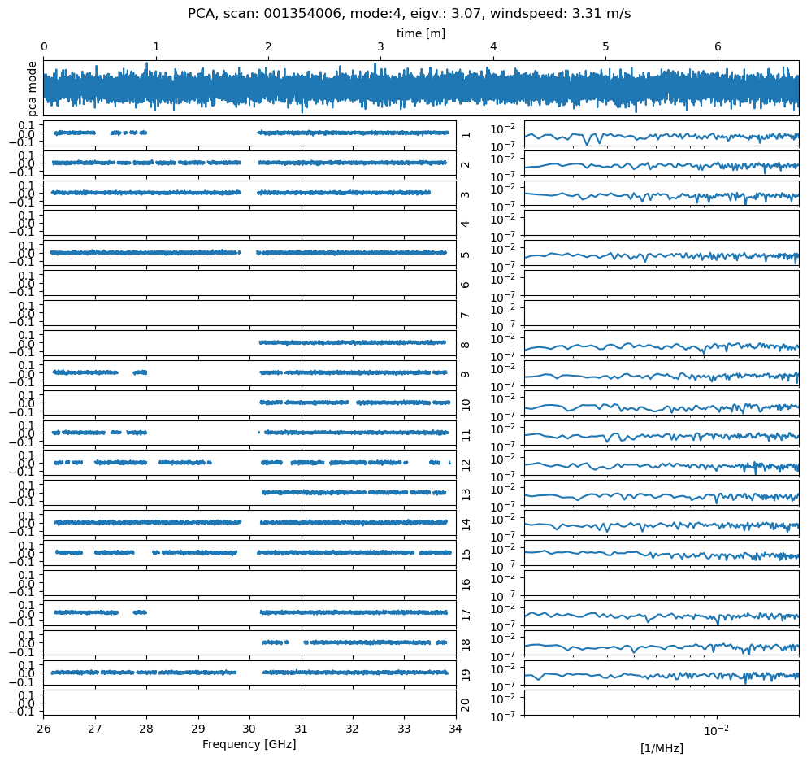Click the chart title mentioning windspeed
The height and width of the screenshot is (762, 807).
[x=409, y=13]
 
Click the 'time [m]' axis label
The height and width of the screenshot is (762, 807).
[x=420, y=33]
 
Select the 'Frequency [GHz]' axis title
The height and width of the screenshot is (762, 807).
[x=249, y=744]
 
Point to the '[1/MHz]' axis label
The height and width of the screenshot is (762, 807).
[x=661, y=748]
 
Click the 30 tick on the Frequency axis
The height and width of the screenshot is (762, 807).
[x=249, y=728]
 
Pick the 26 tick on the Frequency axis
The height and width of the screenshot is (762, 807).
[x=44, y=728]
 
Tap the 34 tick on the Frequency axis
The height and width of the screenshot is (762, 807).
[x=455, y=728]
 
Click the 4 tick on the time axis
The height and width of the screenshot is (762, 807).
[x=493, y=47]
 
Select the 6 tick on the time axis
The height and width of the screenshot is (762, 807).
[x=718, y=47]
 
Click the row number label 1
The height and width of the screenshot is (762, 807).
[x=466, y=133]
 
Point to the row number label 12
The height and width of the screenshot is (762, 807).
[x=466, y=464]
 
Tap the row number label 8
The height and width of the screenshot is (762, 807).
[x=466, y=343]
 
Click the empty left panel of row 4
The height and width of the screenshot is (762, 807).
[x=249, y=223]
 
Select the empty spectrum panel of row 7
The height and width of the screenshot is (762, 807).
[x=661, y=313]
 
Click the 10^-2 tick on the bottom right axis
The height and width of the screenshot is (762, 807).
[x=716, y=728]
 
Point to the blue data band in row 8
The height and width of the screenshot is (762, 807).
[x=353, y=342]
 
